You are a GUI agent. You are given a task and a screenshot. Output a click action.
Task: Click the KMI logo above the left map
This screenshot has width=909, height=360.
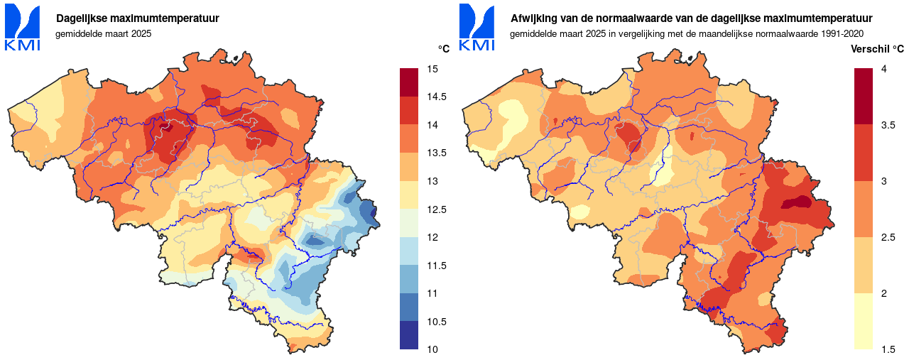pyautogui.click(x=23, y=28)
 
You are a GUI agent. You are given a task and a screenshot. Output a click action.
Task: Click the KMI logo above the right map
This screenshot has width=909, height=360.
pyautogui.click(x=477, y=28)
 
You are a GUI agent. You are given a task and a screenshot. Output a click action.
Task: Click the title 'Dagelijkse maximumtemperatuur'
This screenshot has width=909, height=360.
pyautogui.click(x=137, y=18)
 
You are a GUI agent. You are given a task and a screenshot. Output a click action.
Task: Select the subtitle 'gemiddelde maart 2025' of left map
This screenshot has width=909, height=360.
pyautogui.click(x=103, y=33)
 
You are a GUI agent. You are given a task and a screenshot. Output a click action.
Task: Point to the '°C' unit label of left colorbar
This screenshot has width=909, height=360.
pyautogui.click(x=444, y=49)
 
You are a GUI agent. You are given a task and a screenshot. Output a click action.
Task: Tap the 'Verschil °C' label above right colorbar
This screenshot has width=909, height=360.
pyautogui.click(x=878, y=49)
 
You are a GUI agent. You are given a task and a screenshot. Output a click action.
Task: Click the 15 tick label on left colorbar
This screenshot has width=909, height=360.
pyautogui.click(x=432, y=69)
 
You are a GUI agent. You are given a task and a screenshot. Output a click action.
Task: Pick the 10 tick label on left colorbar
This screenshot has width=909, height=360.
pyautogui.click(x=432, y=349)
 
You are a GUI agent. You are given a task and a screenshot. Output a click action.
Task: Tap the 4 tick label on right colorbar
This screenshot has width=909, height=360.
pyautogui.click(x=883, y=69)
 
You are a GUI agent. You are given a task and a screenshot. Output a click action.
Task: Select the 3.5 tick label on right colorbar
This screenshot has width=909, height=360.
pyautogui.click(x=888, y=125)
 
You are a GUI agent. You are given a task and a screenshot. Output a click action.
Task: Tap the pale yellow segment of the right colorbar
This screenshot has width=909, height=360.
pyautogui.click(x=864, y=321)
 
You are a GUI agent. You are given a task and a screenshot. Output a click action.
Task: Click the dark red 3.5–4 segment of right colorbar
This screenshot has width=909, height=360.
pyautogui.click(x=864, y=97)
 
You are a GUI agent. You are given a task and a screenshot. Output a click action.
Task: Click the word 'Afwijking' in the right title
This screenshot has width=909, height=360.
pyautogui.click(x=532, y=18)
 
